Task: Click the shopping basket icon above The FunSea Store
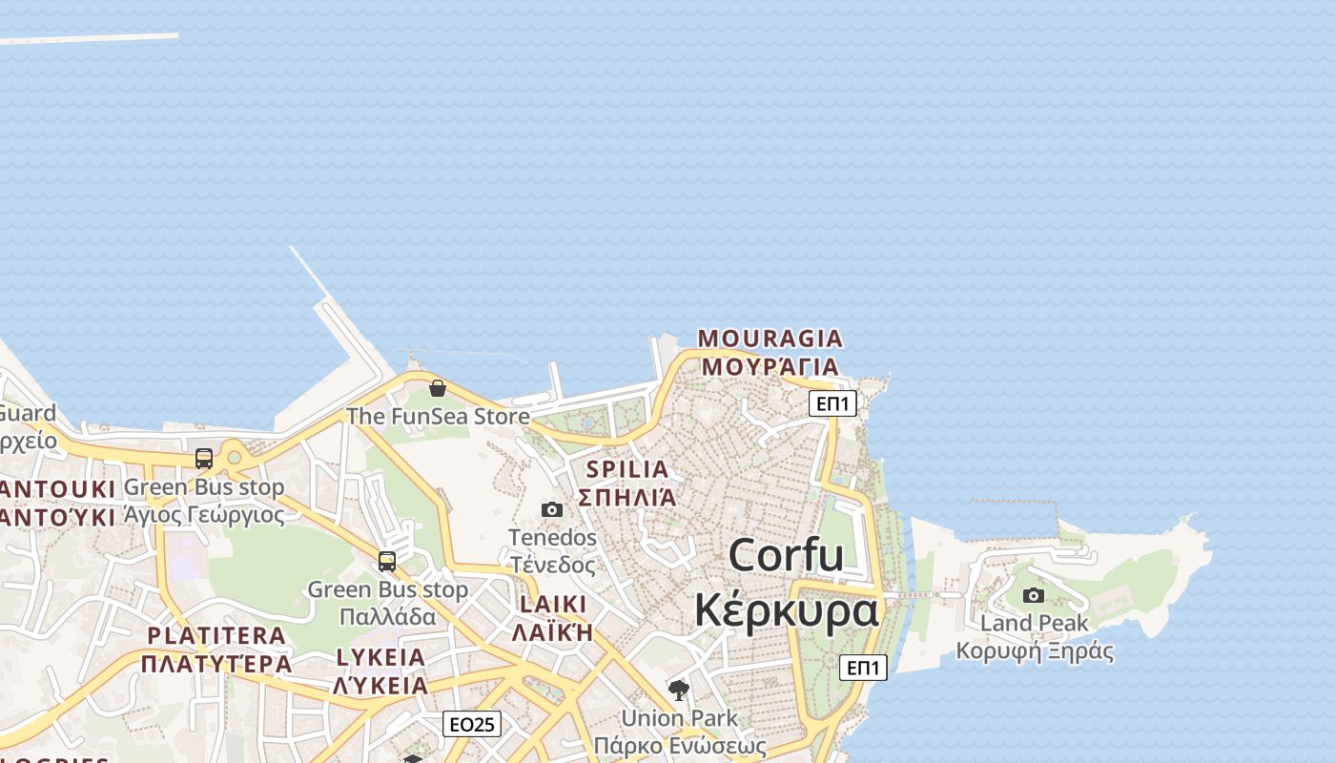pos(438,388)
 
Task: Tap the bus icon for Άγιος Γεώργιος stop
pos(204,459)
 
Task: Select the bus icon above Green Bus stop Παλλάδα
pos(387,562)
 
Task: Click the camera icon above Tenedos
pos(552,509)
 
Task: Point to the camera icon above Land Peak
pos(1034,596)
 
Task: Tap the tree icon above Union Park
pos(679,690)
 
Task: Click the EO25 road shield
pos(472,725)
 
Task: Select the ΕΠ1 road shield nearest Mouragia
pos(832,403)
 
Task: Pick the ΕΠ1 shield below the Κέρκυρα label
pos(863,668)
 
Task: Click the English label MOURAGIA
pos(770,339)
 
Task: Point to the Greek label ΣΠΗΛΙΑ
pos(627,497)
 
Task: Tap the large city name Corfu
pos(787,555)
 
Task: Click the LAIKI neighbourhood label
pos(553,605)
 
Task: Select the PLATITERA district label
pos(216,635)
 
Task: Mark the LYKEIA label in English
pos(380,657)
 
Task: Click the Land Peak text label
pos(1035,624)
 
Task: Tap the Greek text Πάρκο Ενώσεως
pos(680,745)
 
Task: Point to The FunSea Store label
pos(438,417)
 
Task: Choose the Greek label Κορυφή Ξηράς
pos(1035,651)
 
